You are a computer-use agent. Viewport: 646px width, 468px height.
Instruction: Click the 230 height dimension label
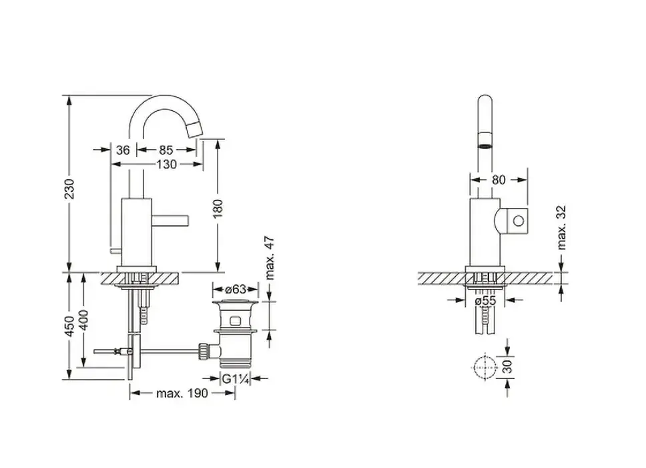pyautogui.click(x=69, y=189)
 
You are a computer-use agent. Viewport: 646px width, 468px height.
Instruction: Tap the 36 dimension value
pyautogui.click(x=123, y=150)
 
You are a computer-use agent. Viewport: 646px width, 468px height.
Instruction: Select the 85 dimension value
pyautogui.click(x=166, y=150)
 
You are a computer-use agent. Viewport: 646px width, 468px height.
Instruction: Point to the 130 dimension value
pyautogui.click(x=166, y=164)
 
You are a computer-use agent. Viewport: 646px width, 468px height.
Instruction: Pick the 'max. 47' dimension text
pyautogui.click(x=269, y=258)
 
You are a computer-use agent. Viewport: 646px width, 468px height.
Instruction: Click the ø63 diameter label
pyautogui.click(x=236, y=288)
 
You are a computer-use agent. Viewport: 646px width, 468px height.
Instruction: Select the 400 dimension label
pyautogui.click(x=83, y=320)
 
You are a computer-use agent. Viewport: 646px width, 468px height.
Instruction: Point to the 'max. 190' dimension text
pyautogui.click(x=182, y=393)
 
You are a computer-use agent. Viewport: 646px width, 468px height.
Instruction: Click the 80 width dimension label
pyautogui.click(x=499, y=180)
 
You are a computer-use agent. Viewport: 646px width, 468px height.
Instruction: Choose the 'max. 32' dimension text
pyautogui.click(x=561, y=227)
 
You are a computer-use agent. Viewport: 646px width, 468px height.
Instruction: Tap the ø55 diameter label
pyautogui.click(x=485, y=301)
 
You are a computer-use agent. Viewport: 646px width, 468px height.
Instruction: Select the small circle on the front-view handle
pyautogui.click(x=519, y=221)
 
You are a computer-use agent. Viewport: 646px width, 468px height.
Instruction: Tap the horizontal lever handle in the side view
pyautogui.click(x=170, y=220)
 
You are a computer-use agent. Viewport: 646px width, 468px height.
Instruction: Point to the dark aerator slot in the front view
pyautogui.click(x=485, y=145)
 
